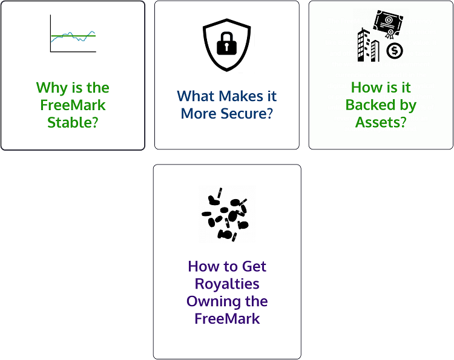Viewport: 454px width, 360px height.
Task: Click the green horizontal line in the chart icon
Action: click(73, 36)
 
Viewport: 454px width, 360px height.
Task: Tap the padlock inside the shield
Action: click(227, 44)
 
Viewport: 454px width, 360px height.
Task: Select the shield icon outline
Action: click(227, 45)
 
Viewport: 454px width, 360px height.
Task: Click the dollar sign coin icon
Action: click(394, 51)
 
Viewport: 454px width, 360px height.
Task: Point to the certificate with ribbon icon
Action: click(388, 24)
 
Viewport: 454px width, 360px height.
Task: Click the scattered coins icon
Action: click(225, 214)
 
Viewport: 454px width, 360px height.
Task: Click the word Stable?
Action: click(73, 122)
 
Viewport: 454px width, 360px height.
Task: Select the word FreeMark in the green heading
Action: click(73, 105)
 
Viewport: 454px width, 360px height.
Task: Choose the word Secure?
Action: click(247, 113)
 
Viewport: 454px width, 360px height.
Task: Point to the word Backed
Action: click(370, 105)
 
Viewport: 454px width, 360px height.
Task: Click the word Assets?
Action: click(381, 122)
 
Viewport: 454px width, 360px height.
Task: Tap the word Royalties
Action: click(227, 284)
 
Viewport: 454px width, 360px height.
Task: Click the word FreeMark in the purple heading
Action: click(227, 319)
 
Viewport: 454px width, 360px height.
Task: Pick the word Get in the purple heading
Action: click(254, 266)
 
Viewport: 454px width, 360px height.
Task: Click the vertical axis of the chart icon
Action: click(50, 33)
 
